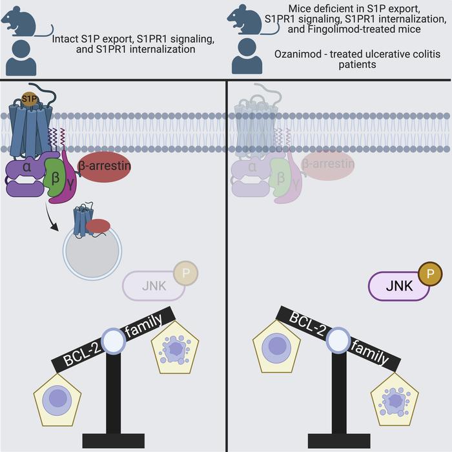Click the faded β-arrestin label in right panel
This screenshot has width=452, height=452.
pos(328,164)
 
